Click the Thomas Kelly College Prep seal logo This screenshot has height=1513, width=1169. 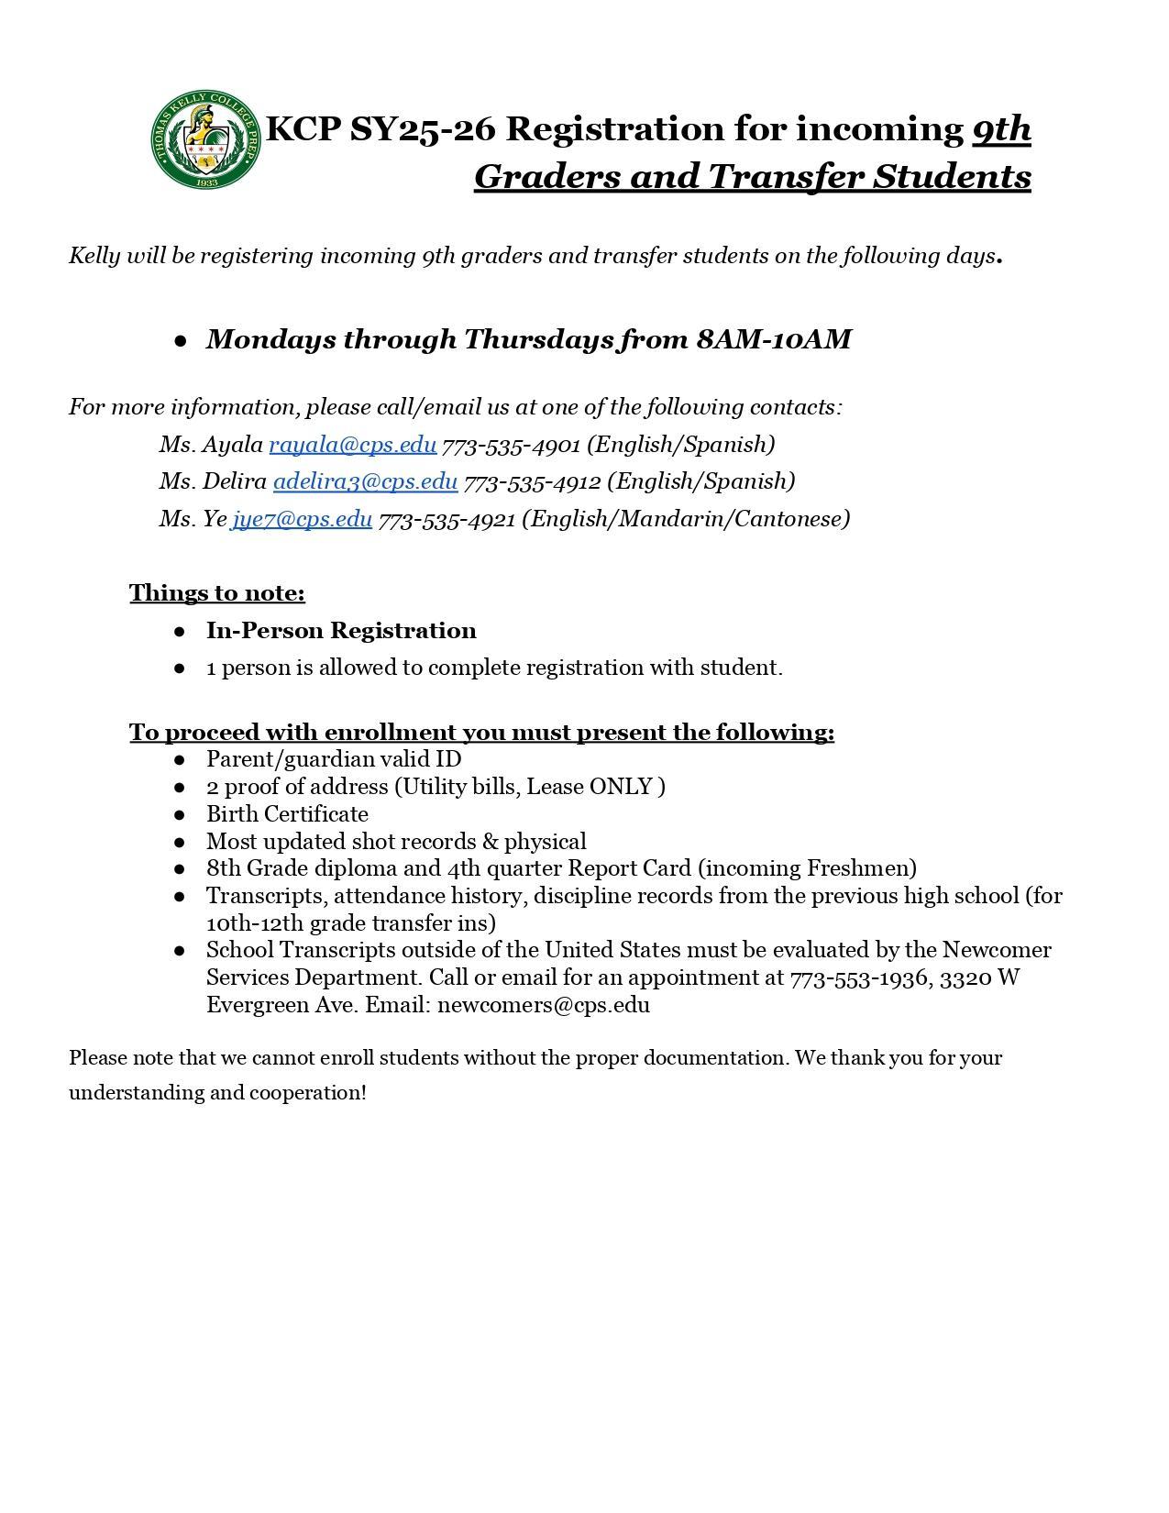click(205, 139)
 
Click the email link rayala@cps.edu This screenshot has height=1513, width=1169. click(352, 445)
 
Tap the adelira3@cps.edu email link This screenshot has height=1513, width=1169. click(365, 481)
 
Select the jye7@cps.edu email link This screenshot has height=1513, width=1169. click(302, 519)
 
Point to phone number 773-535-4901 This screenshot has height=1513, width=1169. click(511, 446)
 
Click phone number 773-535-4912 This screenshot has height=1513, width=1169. click(532, 482)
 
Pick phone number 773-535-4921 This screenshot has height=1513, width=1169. click(447, 520)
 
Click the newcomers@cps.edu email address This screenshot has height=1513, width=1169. click(544, 1005)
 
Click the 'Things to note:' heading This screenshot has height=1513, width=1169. click(217, 593)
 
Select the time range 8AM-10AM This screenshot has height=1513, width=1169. click(774, 339)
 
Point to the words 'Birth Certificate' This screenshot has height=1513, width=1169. click(287, 814)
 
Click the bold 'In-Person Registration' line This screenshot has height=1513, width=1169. click(341, 631)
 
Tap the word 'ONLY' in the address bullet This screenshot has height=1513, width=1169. click(621, 787)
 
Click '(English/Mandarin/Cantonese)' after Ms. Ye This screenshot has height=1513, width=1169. click(686, 519)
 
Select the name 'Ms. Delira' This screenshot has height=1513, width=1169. click(213, 481)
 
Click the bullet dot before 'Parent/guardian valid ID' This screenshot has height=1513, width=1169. click(180, 760)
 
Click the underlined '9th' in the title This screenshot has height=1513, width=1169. click(1001, 128)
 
